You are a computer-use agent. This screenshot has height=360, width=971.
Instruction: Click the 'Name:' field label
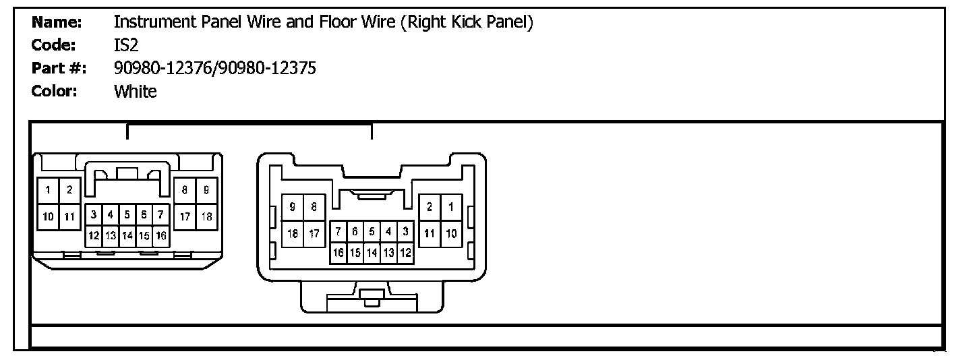click(x=57, y=22)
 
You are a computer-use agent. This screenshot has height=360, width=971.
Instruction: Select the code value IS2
click(x=126, y=45)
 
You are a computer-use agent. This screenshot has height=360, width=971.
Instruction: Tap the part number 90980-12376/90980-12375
click(x=215, y=68)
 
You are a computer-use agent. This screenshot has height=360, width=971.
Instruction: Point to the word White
click(x=135, y=91)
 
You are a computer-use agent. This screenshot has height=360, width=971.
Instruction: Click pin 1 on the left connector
click(x=49, y=191)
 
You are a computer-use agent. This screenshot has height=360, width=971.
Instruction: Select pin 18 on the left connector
click(x=206, y=216)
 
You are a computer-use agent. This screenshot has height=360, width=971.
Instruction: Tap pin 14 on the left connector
click(x=127, y=236)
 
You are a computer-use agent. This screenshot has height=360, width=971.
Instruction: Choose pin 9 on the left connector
click(x=206, y=191)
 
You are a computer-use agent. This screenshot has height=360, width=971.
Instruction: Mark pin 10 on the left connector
click(x=49, y=216)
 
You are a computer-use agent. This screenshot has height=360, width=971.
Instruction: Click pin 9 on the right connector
click(x=292, y=208)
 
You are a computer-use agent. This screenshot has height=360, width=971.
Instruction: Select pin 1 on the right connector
click(x=451, y=208)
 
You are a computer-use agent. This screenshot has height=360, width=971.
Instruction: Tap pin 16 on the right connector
click(x=339, y=253)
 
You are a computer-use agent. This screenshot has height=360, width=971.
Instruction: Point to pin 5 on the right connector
click(x=372, y=232)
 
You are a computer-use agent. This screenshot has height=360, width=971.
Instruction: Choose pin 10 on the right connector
click(x=451, y=233)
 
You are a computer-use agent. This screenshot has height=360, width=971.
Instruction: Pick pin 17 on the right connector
click(x=314, y=233)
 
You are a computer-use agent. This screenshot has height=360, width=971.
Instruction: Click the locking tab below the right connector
click(x=372, y=297)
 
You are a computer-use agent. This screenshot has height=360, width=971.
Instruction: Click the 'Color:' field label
click(x=55, y=91)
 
